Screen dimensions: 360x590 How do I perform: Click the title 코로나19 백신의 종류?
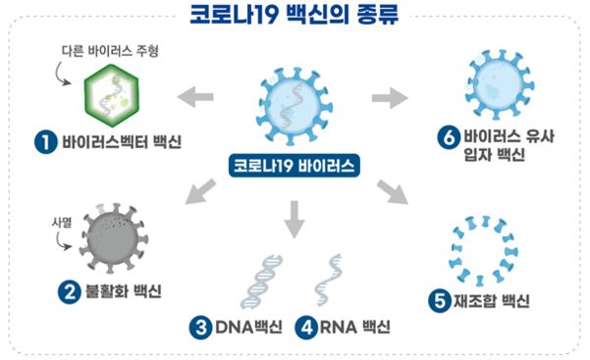(x=295, y=18)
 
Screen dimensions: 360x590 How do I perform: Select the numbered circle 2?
(x=68, y=291)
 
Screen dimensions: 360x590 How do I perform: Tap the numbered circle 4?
(x=306, y=327)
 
